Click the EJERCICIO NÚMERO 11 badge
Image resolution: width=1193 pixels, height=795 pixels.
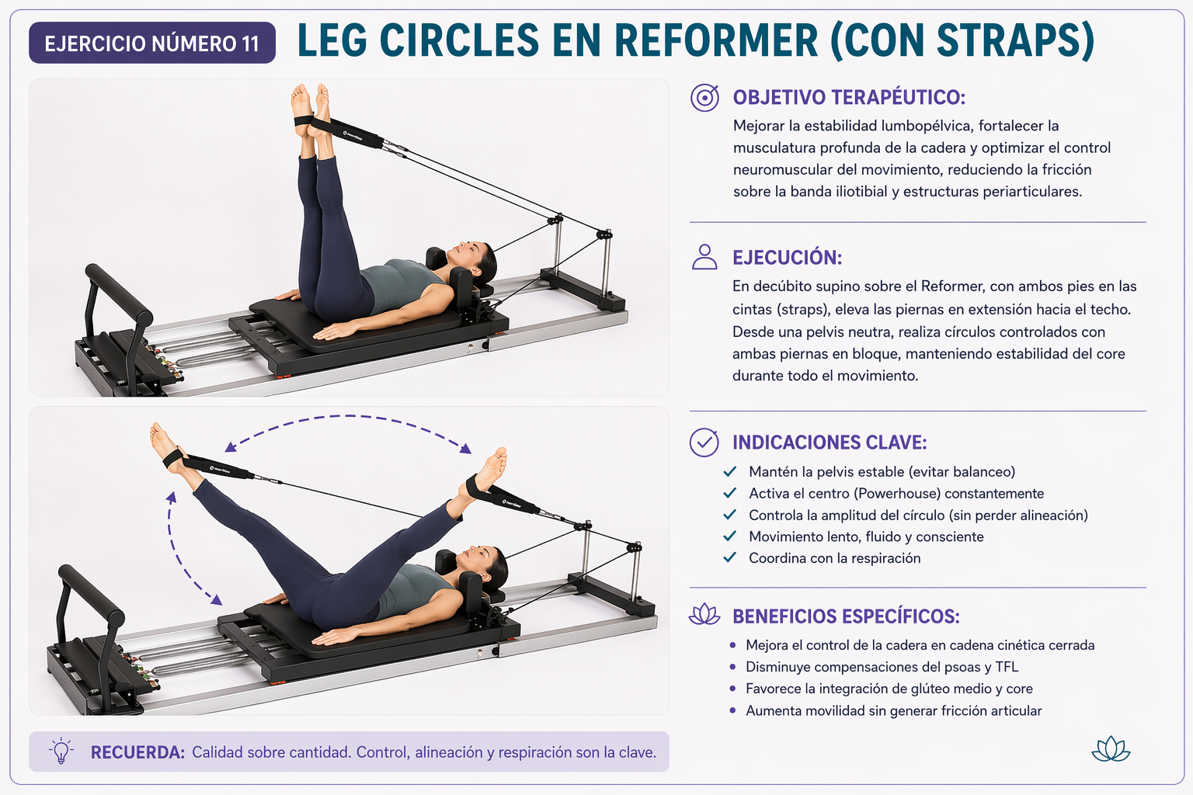(152, 43)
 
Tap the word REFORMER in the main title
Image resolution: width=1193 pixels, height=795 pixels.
(715, 40)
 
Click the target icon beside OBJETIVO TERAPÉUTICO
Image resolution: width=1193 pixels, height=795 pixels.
(704, 98)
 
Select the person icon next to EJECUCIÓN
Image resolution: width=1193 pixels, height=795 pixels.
(704, 257)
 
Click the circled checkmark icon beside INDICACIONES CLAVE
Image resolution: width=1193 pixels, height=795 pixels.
(704, 442)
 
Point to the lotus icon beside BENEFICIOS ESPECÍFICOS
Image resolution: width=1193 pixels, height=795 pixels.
(704, 614)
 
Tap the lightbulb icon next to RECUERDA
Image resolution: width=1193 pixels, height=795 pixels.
(61, 751)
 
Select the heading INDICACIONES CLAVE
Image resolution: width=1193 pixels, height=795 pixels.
(830, 443)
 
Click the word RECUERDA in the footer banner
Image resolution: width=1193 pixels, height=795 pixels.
(137, 752)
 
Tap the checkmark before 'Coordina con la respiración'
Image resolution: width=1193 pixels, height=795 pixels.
(729, 557)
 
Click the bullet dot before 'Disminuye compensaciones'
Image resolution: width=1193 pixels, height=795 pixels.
(733, 667)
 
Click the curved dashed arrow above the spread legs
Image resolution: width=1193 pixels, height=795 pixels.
(347, 416)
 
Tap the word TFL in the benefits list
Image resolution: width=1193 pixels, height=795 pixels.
(1007, 667)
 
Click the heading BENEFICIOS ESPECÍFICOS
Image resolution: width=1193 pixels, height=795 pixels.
(846, 616)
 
